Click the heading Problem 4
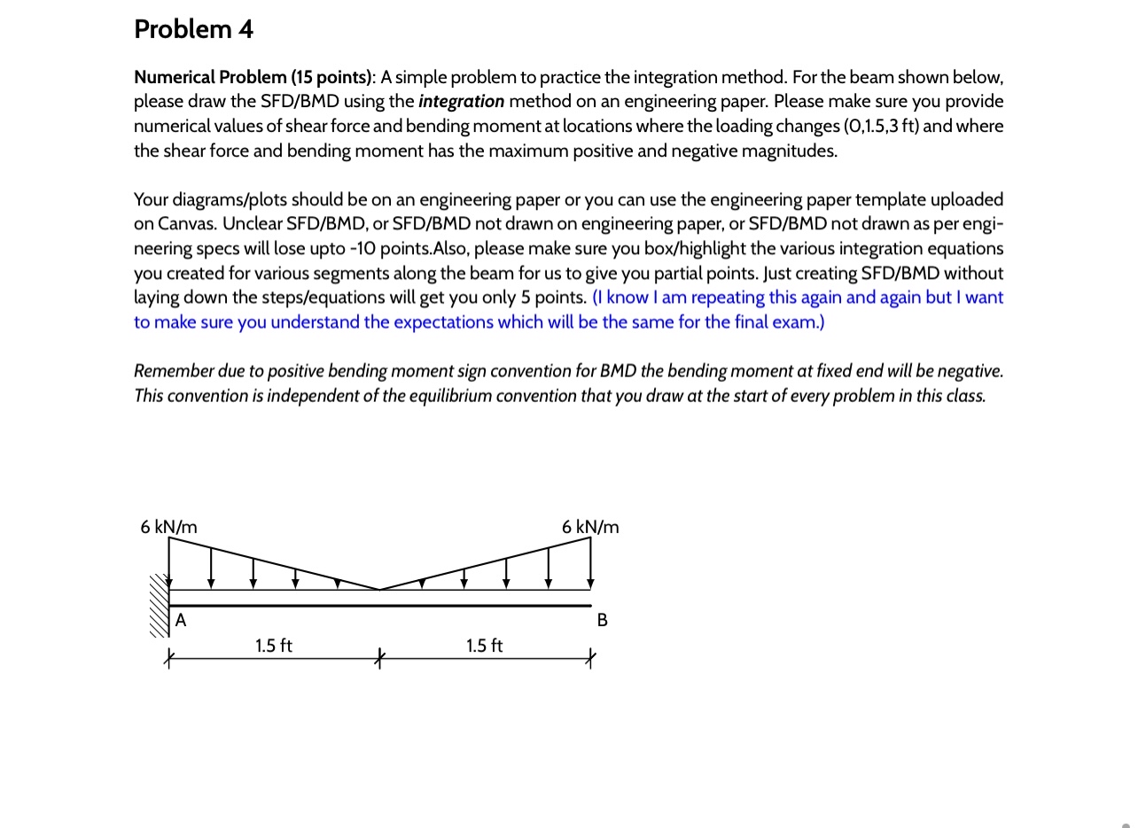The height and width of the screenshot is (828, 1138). pos(193,29)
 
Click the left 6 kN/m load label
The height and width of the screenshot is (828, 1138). pos(168,527)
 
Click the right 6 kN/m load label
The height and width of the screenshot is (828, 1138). pos(590,527)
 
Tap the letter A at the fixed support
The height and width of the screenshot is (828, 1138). pos(181,620)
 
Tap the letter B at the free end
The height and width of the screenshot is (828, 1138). pos(603,620)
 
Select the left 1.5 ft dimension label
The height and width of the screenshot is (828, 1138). pos(273,646)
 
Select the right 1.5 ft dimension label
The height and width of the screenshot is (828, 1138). pos(484,646)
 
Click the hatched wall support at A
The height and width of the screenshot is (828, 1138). pos(159,606)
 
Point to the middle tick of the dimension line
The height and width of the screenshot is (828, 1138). pos(379,658)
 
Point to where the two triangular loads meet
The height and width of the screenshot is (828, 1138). pos(379,589)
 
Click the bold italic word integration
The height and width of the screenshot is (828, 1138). pos(461,101)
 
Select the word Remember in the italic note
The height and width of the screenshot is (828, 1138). pos(174,370)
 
